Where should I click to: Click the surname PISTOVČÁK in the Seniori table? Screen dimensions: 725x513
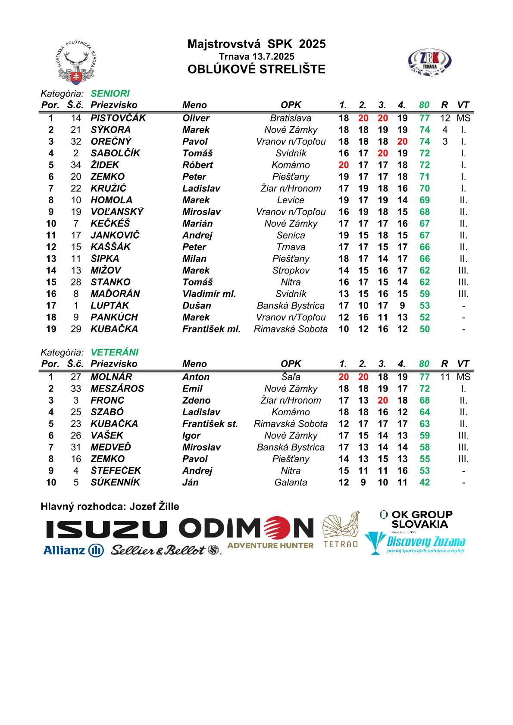(x=118, y=118)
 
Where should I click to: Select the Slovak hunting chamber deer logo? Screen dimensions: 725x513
(x=77, y=63)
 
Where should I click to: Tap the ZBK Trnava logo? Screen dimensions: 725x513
(x=429, y=62)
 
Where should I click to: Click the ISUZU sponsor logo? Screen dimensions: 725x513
(x=106, y=529)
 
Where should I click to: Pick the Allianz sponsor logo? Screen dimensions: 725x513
(x=73, y=550)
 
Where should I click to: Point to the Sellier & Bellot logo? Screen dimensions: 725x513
(x=166, y=550)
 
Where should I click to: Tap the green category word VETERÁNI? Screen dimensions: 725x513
(x=115, y=352)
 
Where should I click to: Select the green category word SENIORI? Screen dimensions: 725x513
(x=110, y=93)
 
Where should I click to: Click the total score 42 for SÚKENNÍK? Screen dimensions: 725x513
(x=425, y=482)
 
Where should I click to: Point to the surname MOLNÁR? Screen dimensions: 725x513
(x=111, y=377)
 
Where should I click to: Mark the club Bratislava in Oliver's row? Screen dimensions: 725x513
(x=291, y=118)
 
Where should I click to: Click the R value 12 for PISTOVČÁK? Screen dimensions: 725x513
(x=445, y=118)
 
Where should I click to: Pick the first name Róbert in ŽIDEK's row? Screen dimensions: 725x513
(x=197, y=165)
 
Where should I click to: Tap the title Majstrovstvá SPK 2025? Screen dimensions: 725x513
(x=256, y=44)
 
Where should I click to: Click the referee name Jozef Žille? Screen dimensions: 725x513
(x=154, y=507)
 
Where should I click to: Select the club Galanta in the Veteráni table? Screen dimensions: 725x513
(x=291, y=482)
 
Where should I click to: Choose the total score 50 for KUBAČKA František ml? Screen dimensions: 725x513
(x=425, y=329)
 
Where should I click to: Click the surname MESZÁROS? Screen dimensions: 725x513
(x=117, y=389)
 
